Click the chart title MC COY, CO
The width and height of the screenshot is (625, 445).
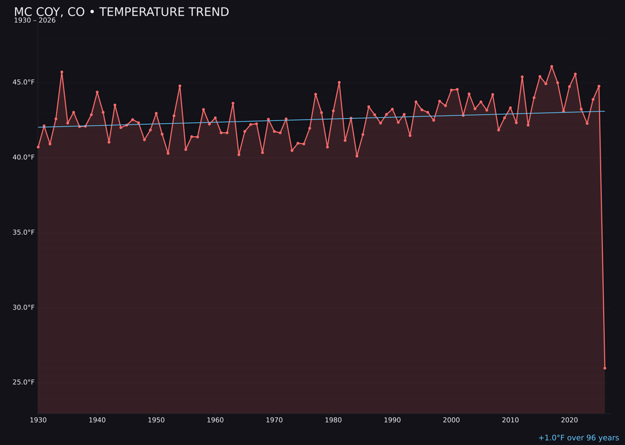pyautogui.click(x=121, y=12)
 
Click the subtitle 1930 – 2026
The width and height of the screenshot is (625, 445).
pyautogui.click(x=35, y=21)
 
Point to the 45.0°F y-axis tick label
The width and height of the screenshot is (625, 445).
pyautogui.click(x=24, y=82)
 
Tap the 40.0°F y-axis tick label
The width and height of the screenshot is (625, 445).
pyautogui.click(x=24, y=158)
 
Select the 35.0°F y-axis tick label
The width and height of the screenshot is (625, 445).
pyautogui.click(x=24, y=232)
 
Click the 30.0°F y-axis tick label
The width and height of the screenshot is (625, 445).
pyautogui.click(x=24, y=308)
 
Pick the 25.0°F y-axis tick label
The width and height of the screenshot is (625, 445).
pyautogui.click(x=24, y=382)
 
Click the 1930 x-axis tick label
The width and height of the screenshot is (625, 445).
pyautogui.click(x=38, y=420)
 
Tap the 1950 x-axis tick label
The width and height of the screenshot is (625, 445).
pyautogui.click(x=156, y=420)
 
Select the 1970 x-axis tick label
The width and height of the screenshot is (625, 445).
pyautogui.click(x=274, y=420)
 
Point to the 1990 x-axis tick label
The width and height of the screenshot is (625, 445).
pyautogui.click(x=392, y=420)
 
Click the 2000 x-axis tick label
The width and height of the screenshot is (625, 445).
pyautogui.click(x=451, y=420)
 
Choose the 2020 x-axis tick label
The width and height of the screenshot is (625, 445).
pyautogui.click(x=569, y=420)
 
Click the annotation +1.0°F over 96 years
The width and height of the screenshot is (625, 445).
pyautogui.click(x=578, y=438)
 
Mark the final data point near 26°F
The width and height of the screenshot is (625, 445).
pyautogui.click(x=605, y=368)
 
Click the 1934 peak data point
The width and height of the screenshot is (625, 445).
pyautogui.click(x=62, y=72)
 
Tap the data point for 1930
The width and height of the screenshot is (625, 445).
pyautogui.click(x=38, y=147)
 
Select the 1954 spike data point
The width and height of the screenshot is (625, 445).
pyautogui.click(x=180, y=86)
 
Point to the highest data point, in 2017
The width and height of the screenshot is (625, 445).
pyautogui.click(x=552, y=67)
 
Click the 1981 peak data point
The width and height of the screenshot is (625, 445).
pyautogui.click(x=339, y=82)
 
